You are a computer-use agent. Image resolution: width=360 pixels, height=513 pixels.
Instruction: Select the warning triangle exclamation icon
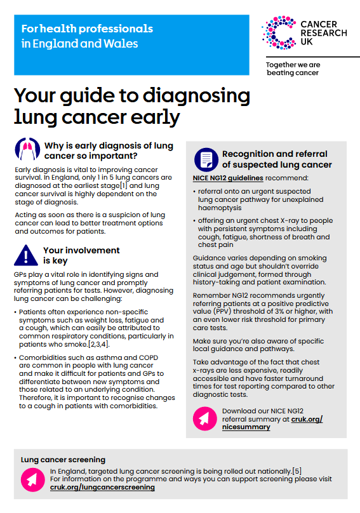coord(27,255)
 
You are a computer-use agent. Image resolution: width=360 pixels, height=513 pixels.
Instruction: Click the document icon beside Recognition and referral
coord(205,159)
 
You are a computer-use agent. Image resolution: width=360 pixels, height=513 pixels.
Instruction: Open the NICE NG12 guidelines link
coord(228,178)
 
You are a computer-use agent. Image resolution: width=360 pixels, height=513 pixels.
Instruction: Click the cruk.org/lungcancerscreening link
coord(102,487)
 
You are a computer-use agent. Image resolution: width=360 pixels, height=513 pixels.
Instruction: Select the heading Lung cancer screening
coord(63,458)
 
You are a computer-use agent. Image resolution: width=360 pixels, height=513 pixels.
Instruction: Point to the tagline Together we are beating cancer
coord(293,69)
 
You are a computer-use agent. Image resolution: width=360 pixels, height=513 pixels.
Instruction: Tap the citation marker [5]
coord(297,470)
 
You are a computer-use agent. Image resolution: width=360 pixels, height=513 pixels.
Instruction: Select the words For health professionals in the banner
coord(87,29)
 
